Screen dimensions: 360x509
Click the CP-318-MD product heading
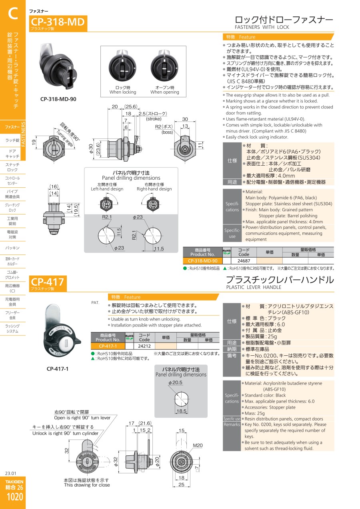tap(58, 22)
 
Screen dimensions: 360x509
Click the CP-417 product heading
tap(47, 282)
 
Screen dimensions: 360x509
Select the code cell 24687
tap(244, 261)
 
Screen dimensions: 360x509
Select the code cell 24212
tap(144, 346)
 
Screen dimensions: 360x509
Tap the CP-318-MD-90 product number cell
tap(202, 261)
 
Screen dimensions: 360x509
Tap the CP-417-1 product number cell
tap(108, 346)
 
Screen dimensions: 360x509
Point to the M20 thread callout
tap(198, 445)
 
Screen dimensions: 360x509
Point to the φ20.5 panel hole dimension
tap(175, 383)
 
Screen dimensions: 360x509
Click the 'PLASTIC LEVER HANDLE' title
tap(254, 287)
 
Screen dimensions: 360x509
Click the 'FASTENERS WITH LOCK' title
tap(262, 27)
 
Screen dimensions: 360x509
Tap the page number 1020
tap(15, 497)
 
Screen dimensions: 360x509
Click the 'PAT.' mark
tap(95, 303)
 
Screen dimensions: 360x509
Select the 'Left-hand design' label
tap(107, 189)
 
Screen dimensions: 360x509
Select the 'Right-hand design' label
tap(154, 189)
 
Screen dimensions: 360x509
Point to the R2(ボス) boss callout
tap(164, 126)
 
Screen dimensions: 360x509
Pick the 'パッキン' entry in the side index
tap(12, 248)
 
